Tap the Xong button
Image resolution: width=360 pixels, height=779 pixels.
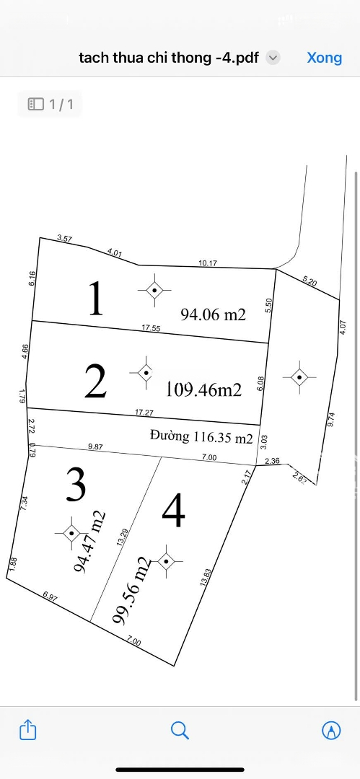coord(324,58)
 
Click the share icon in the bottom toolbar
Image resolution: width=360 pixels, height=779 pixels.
coord(27,730)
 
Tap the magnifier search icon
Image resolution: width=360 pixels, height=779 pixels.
coord(180,730)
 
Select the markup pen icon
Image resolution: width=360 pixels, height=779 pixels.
coord(331,730)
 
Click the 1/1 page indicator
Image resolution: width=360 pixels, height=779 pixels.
coord(51,105)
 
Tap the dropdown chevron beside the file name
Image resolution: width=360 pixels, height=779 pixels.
coord(273,58)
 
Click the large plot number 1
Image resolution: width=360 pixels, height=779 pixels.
coord(95,299)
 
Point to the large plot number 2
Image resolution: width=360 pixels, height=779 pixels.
coord(95,382)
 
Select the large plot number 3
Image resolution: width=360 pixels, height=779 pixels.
coord(76,485)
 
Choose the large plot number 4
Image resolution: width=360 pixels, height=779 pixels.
coord(174,511)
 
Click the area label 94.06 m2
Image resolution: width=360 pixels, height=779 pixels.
coord(214,314)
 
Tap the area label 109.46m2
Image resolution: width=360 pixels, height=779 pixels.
coord(204,390)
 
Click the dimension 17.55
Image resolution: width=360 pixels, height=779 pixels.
coord(151,327)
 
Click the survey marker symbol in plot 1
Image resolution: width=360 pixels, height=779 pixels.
coord(154,290)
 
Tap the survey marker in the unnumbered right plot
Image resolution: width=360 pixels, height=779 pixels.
coord(299,376)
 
